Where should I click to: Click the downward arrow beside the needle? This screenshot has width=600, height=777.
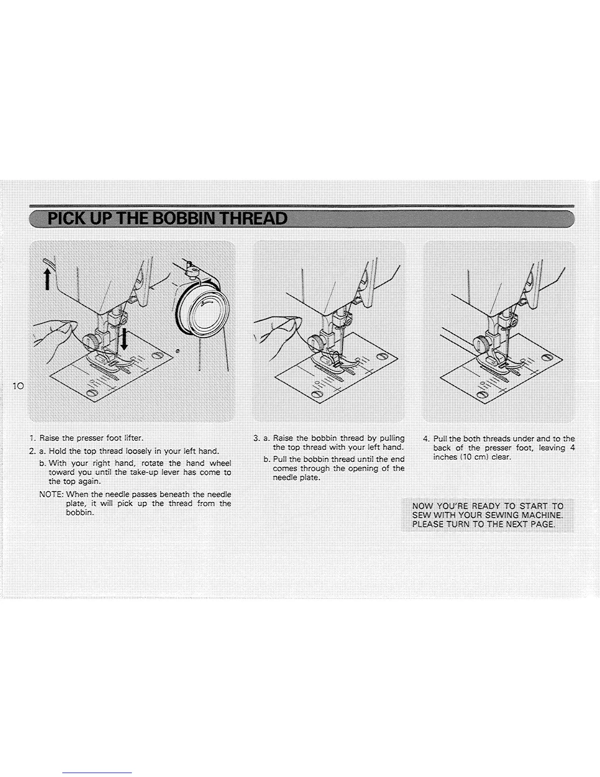tap(125, 339)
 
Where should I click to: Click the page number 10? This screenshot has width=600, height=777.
tap(19, 386)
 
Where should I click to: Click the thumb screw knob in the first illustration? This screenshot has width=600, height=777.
tap(90, 340)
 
